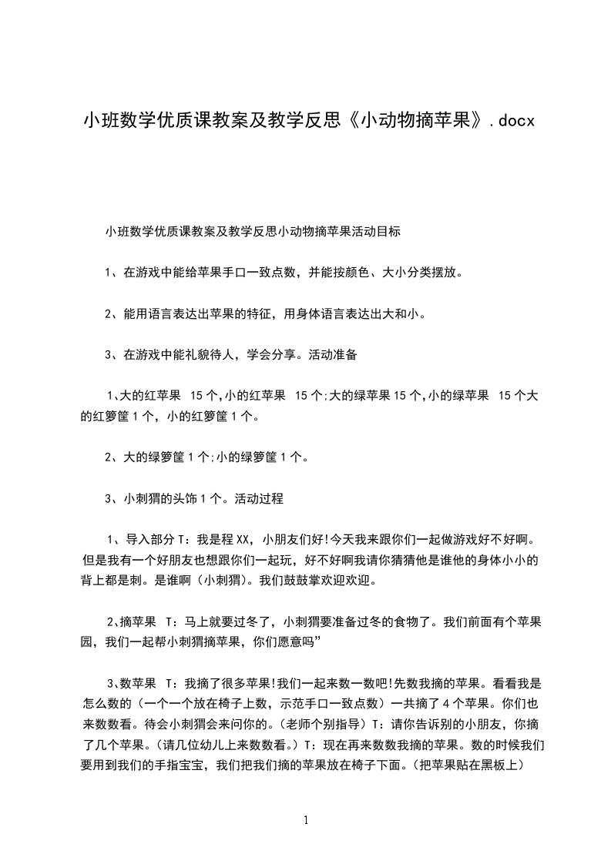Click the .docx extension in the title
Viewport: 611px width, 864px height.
click(x=509, y=121)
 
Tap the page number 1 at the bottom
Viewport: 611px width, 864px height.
click(x=306, y=820)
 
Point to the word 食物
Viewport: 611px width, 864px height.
click(x=393, y=621)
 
